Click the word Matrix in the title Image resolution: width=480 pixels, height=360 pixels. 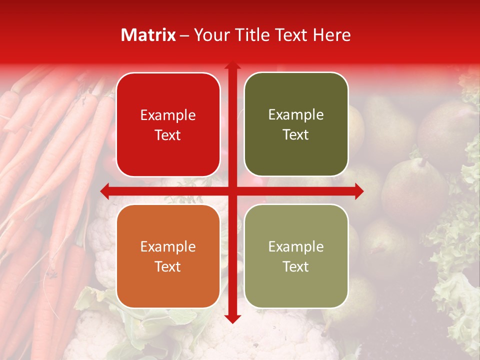coord(148,35)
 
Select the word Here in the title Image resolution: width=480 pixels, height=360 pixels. coord(332,35)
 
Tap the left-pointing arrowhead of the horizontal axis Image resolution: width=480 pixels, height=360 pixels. coord(104,190)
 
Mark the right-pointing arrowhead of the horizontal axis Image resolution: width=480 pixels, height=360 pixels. coord(359,190)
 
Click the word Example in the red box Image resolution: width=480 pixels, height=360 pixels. coord(168,115)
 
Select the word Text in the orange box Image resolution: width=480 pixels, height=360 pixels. coord(168,266)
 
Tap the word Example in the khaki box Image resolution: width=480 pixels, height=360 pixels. coord(296,246)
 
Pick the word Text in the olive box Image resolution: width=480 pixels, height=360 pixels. coord(296,135)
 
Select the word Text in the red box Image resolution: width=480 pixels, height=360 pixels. coord(168,135)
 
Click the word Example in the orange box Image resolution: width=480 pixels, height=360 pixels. coord(168,246)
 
